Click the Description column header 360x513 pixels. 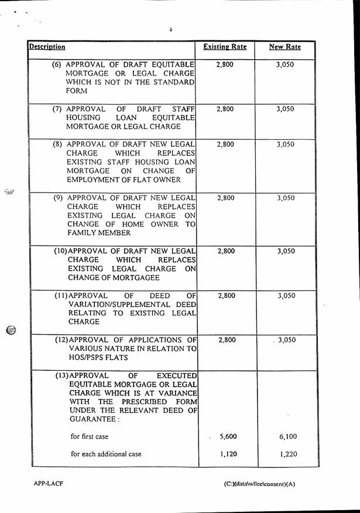pyautogui.click(x=47, y=47)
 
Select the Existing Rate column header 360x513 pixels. pyautogui.click(x=225, y=47)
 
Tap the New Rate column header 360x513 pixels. pyautogui.click(x=284, y=47)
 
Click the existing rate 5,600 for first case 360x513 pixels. pyautogui.click(x=228, y=436)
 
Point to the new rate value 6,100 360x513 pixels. pyautogui.click(x=288, y=436)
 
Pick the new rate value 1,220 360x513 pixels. pyautogui.click(x=288, y=453)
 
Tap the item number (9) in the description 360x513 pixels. pyautogui.click(x=58, y=198)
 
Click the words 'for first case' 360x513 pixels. pyautogui.click(x=90, y=436)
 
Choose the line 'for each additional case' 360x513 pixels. pyautogui.click(x=106, y=453)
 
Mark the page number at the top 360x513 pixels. pyautogui.click(x=170, y=29)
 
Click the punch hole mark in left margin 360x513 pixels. pyautogui.click(x=11, y=329)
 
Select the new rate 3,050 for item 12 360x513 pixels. pyautogui.click(x=286, y=340)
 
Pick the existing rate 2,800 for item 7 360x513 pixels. pyautogui.click(x=225, y=109)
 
